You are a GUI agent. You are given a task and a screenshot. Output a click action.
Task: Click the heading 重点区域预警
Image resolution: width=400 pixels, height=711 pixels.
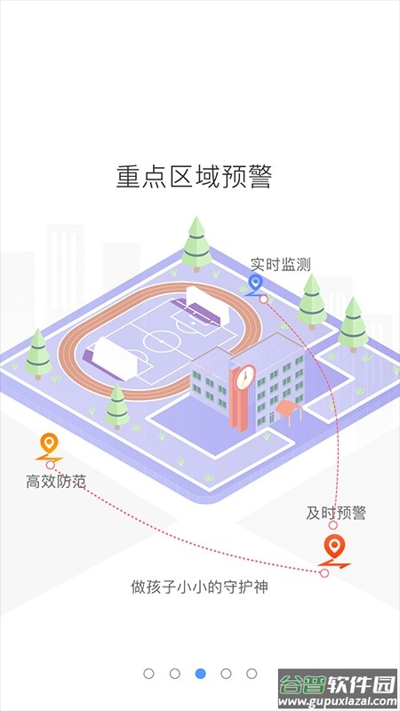click(194, 176)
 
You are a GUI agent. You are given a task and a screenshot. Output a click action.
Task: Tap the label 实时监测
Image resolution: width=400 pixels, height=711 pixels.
click(280, 264)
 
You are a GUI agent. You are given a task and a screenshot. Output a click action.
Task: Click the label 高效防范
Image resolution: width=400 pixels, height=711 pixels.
click(55, 481)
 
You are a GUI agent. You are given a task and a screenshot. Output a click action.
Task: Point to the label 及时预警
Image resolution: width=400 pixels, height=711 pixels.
click(336, 513)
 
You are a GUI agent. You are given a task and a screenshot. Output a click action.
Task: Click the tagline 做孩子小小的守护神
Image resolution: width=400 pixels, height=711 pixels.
click(199, 587)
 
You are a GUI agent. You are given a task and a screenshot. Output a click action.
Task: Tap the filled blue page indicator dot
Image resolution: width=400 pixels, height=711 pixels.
click(201, 674)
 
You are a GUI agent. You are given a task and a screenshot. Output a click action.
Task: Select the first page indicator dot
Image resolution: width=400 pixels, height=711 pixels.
click(148, 674)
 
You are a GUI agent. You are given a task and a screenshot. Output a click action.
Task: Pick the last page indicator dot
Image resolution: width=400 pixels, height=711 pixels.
click(252, 674)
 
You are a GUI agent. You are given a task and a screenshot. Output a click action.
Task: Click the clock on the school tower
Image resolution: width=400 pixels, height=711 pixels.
click(245, 377)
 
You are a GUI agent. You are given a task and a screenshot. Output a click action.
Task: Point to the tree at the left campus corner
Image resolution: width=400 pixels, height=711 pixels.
click(38, 354)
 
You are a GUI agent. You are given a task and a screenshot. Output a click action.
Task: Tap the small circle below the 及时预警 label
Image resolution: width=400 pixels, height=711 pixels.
click(332, 525)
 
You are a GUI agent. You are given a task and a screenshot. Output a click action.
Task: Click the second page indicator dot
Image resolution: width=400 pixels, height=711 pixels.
click(174, 674)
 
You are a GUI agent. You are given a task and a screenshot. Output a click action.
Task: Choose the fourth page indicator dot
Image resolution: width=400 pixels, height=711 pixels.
click(226, 674)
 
